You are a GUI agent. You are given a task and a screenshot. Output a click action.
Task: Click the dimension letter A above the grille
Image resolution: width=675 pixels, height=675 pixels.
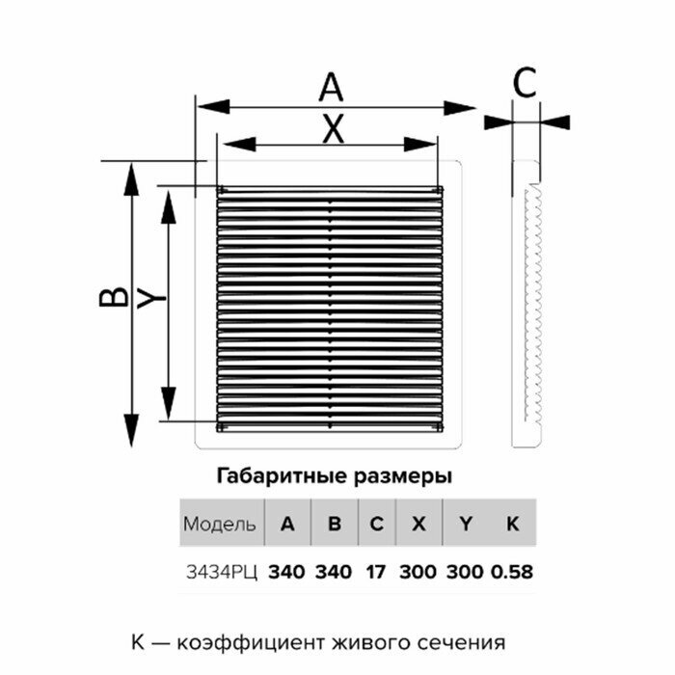pos(331,88)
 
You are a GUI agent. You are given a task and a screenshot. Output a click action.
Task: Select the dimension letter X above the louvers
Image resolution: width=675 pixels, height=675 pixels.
pos(332,129)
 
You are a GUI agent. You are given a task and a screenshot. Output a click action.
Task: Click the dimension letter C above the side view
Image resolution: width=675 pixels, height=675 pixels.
pos(524,85)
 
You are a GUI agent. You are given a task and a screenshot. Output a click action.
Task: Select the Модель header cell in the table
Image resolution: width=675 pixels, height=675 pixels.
pos(220,525)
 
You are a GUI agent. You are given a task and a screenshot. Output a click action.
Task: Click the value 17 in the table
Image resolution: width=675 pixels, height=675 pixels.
pos(376,572)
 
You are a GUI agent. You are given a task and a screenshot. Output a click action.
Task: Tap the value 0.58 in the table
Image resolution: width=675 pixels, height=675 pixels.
pos(511,572)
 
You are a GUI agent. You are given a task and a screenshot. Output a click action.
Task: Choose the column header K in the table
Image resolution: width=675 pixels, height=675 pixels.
pos(512,525)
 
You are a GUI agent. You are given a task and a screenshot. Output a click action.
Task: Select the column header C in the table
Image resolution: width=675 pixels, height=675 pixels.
pos(376,525)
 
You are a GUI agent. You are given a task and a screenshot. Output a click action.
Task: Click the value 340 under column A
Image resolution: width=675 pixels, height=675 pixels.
pos(286,572)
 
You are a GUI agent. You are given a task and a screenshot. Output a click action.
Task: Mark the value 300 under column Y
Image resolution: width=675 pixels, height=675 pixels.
pos(466,572)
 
